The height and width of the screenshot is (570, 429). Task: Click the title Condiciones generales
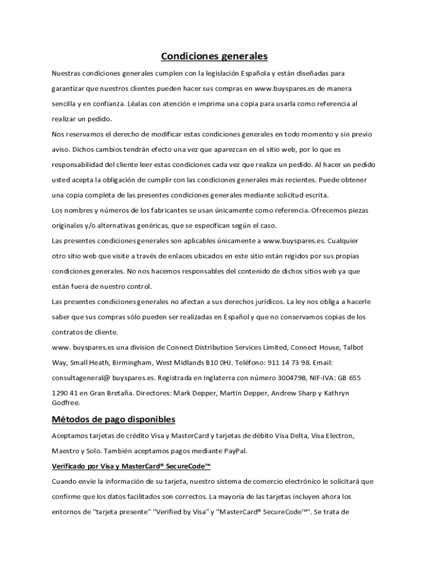(214, 56)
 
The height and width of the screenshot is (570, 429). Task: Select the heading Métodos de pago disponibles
(114, 419)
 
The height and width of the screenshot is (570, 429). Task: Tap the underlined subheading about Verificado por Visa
(131, 465)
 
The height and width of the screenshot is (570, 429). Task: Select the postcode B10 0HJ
(204, 362)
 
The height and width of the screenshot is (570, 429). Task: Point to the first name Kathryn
(334, 393)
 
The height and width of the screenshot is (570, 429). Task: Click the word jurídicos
(265, 302)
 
